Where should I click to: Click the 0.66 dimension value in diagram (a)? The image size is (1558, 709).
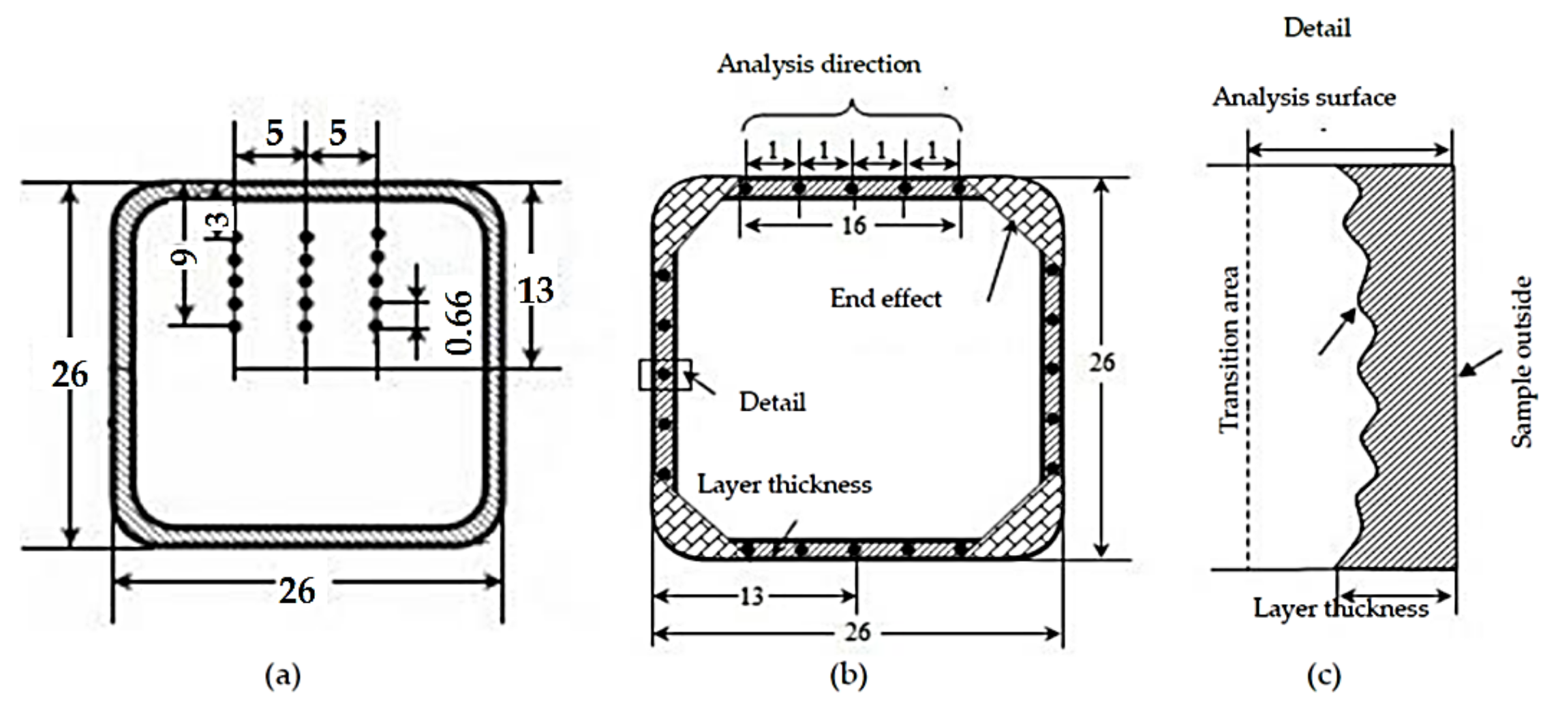459,323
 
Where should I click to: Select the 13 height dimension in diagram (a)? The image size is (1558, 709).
535,292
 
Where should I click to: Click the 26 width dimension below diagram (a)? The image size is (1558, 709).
297,590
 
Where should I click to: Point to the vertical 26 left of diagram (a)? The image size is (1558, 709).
70,375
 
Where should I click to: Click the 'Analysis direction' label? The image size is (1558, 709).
819,65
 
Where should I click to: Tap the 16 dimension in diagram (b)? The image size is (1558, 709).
853,225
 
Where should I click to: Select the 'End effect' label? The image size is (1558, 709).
885,298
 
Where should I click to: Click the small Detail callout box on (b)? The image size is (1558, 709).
665,375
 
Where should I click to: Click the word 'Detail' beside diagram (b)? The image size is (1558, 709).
772,403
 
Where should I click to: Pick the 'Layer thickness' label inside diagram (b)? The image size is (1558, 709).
784,485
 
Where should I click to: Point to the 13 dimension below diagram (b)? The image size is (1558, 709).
751,597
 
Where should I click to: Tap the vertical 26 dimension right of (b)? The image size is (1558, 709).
1101,363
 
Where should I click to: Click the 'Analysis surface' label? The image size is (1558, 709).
1303,97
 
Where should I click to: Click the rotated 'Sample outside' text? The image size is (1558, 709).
1521,362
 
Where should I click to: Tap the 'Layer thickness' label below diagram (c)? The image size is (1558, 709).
1340,608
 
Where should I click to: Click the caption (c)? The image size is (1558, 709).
1324,676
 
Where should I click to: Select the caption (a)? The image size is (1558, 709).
282,676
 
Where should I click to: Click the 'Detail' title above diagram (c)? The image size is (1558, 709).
1317,28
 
